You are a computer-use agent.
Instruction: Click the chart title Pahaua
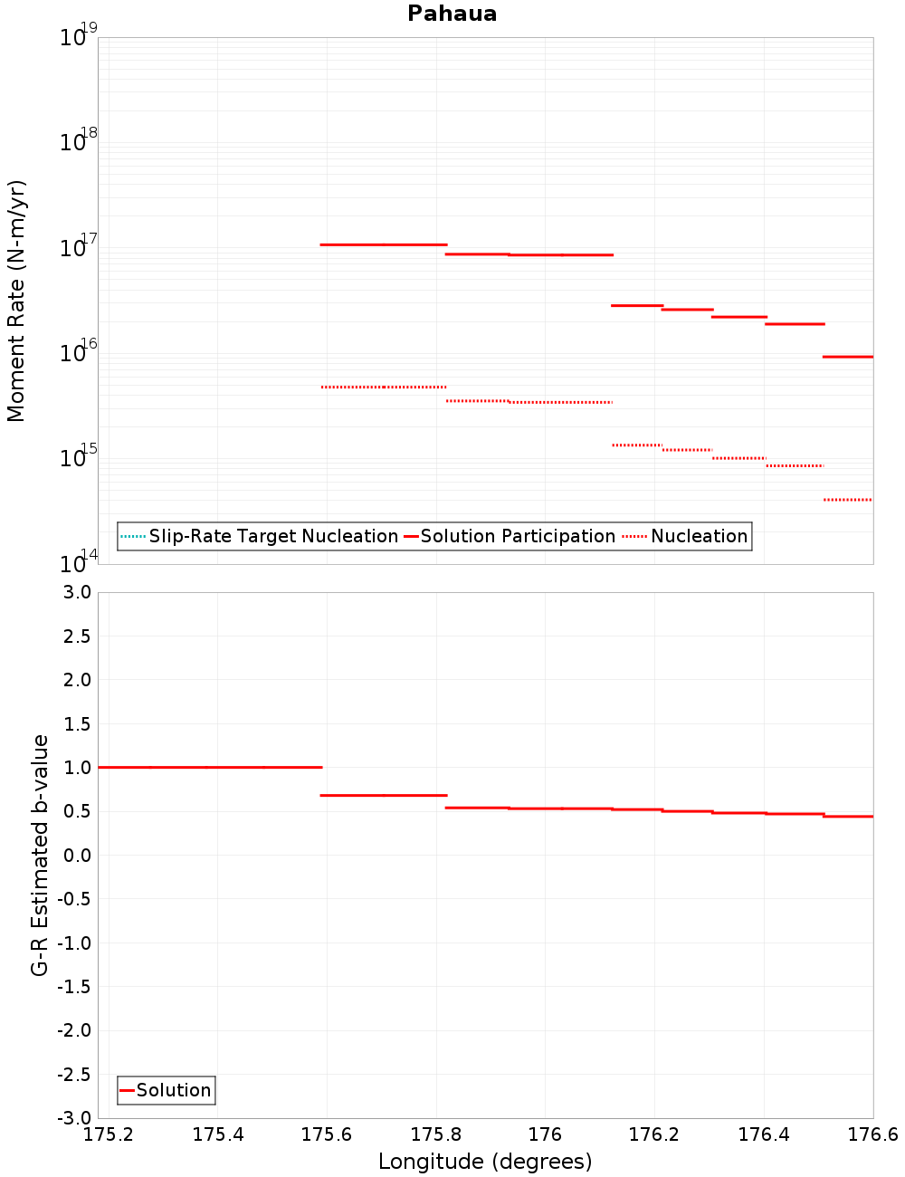[452, 14]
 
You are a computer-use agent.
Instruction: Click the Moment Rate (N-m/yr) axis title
[16, 301]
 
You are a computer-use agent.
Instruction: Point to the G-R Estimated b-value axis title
[40, 855]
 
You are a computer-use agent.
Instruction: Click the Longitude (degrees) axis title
[485, 1162]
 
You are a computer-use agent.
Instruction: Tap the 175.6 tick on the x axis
[327, 1134]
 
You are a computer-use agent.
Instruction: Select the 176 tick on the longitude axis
[545, 1134]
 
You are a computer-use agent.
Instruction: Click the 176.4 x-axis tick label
[764, 1134]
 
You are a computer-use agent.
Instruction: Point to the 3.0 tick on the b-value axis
[77, 592]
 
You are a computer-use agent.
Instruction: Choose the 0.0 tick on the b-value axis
[77, 856]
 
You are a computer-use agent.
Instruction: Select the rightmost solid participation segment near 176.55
[848, 357]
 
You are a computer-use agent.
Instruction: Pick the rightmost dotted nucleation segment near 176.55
[848, 500]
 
